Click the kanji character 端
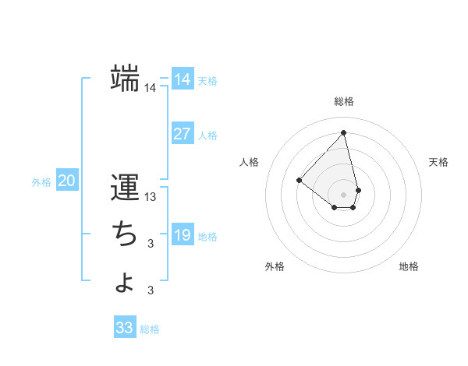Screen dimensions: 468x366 click(x=126, y=78)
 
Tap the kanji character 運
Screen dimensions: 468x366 click(x=125, y=188)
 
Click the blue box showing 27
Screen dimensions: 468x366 click(x=182, y=134)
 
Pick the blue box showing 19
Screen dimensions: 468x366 click(x=182, y=235)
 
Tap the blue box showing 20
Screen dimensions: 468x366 click(x=66, y=181)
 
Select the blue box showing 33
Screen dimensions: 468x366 click(x=125, y=328)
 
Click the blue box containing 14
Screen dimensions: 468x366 click(x=182, y=79)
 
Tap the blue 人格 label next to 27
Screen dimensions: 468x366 click(x=207, y=135)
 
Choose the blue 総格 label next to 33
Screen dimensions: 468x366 click(x=150, y=329)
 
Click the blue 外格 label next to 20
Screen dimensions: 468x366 click(x=41, y=182)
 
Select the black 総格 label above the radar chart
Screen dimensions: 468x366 click(x=344, y=101)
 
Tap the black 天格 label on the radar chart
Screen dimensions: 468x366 click(x=439, y=162)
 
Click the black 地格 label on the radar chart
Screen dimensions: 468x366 click(x=409, y=266)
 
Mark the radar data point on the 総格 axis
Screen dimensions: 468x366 click(x=344, y=133)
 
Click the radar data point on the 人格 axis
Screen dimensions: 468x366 click(x=299, y=180)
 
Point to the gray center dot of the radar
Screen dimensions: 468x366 click(x=344, y=194)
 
